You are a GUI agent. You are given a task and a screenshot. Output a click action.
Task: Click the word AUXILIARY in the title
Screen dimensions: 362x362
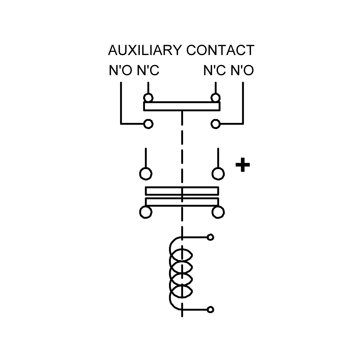[145, 50]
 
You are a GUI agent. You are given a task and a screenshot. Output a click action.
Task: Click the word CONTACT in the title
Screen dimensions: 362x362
[220, 50]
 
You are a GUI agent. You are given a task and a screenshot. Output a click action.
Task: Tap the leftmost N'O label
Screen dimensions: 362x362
[120, 70]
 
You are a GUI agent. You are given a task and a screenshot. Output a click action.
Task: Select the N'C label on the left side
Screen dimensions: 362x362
[148, 70]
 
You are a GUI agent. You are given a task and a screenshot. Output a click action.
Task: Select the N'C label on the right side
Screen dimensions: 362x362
[214, 70]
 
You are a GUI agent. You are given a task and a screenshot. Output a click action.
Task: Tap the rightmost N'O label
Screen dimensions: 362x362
[242, 70]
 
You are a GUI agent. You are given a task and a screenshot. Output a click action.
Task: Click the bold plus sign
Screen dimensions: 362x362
[243, 165]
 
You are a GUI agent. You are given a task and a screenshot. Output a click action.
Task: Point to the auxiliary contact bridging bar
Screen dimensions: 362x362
[182, 106]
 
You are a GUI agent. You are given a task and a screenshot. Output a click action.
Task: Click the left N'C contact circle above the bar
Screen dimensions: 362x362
[148, 98]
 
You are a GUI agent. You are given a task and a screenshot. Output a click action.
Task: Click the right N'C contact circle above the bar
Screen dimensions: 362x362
[216, 98]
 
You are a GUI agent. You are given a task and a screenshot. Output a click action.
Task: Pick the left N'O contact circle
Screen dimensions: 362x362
[148, 124]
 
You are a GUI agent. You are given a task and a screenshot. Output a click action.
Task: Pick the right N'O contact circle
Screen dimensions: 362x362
[216, 124]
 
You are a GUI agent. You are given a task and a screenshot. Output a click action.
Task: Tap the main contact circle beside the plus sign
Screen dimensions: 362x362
[218, 174]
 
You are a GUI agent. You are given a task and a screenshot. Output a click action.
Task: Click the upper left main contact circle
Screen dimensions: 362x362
[146, 174]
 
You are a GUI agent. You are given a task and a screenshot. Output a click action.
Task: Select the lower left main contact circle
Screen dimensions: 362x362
[146, 212]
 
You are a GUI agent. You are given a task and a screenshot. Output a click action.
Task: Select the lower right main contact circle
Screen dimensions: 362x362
[218, 212]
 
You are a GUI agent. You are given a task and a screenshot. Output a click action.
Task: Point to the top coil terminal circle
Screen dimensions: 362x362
[211, 237]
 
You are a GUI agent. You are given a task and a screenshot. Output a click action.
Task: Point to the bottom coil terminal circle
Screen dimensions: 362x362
[211, 310]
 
